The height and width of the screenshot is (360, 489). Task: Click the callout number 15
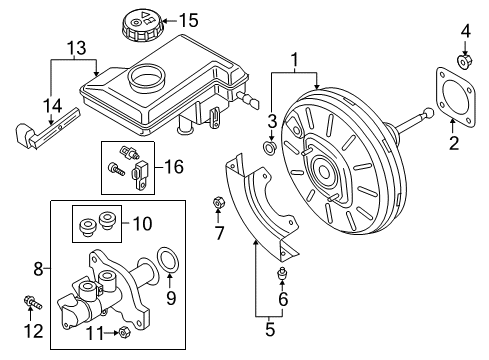[x=189, y=20]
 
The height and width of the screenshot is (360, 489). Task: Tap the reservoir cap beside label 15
[x=142, y=24]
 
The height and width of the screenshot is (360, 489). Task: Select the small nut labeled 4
[x=464, y=61]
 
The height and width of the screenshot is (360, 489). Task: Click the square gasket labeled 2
[x=455, y=97]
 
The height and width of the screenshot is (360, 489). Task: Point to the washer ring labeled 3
[x=270, y=147]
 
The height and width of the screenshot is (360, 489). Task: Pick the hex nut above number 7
[x=218, y=203]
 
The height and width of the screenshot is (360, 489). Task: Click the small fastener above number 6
[x=282, y=273]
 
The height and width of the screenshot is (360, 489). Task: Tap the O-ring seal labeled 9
[x=168, y=260]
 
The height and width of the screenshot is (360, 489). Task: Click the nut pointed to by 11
[x=124, y=332]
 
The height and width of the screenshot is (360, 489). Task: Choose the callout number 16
[x=174, y=166]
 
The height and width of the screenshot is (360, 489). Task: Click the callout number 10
[x=142, y=223]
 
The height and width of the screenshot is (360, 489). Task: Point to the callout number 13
[x=77, y=48]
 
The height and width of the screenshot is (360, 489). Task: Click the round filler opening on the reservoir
[x=147, y=78]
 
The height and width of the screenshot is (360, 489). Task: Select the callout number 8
[x=39, y=269]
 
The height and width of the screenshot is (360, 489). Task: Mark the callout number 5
[x=270, y=329]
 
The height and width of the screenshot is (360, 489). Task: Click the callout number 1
[x=294, y=60]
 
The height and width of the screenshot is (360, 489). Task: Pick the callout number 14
[x=53, y=106]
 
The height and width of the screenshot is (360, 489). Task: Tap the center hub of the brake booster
[x=323, y=171]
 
